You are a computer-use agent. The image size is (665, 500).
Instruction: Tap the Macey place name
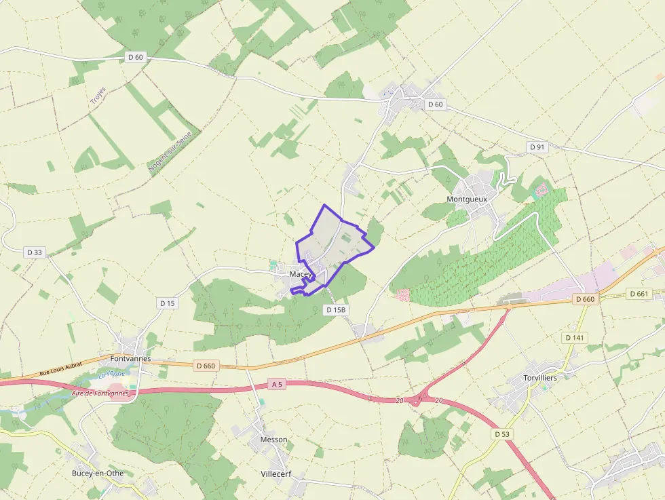[299, 273]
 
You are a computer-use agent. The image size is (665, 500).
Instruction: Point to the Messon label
[273, 440]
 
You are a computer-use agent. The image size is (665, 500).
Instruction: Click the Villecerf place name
[275, 474]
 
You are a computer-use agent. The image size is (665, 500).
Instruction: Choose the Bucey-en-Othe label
[102, 473]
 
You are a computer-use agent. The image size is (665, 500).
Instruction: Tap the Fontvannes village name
[130, 358]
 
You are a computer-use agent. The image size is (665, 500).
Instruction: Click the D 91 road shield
[536, 147]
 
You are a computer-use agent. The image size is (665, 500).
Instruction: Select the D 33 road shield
[35, 252]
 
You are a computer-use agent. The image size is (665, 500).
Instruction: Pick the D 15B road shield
[336, 309]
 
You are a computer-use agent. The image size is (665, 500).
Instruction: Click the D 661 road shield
[639, 294]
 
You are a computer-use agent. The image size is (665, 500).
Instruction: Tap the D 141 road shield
[574, 337]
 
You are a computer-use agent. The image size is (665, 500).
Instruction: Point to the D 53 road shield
[501, 434]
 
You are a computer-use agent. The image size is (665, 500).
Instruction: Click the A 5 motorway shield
[276, 384]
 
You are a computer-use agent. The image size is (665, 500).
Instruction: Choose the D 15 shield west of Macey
[167, 303]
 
